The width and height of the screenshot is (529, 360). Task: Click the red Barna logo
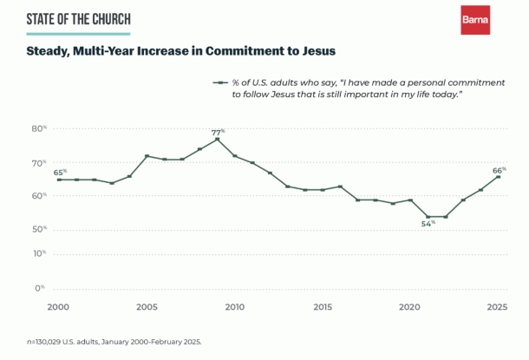click(x=474, y=20)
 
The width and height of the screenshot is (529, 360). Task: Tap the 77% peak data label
click(x=217, y=133)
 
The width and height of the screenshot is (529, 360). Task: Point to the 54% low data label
click(x=428, y=224)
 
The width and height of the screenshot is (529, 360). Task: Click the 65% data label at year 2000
click(x=60, y=173)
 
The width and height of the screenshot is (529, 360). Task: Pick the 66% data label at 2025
click(x=498, y=171)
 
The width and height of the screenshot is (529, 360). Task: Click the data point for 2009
click(x=217, y=140)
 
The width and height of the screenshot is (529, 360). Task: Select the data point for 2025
click(x=498, y=177)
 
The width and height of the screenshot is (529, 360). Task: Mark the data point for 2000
click(x=59, y=180)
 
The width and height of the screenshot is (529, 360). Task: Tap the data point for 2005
click(x=147, y=156)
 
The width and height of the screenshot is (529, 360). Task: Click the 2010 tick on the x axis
click(x=234, y=308)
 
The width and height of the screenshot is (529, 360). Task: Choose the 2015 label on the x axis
click(x=323, y=308)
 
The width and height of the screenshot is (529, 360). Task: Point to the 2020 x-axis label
click(x=410, y=308)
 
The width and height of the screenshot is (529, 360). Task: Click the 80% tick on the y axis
click(x=39, y=128)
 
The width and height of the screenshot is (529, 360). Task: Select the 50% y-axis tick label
click(x=39, y=229)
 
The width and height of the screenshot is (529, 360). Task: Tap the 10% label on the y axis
click(x=39, y=253)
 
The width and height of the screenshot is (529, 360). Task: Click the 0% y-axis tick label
click(x=40, y=287)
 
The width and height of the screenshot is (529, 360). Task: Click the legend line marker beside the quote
click(x=221, y=82)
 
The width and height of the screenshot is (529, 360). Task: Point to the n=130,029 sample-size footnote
click(x=114, y=341)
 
